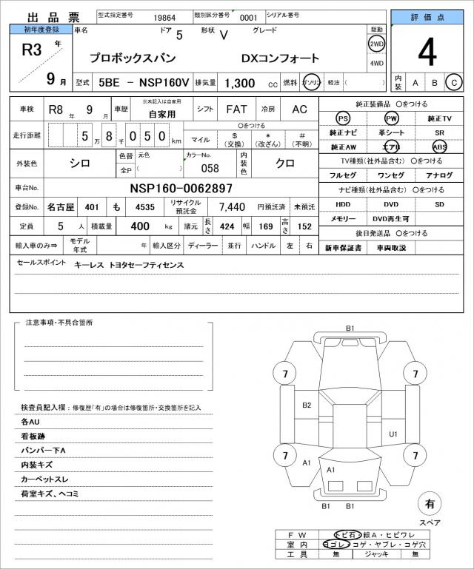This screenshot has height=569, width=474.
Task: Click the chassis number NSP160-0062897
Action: tap(181, 189)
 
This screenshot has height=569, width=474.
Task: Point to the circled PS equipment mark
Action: tap(342, 118)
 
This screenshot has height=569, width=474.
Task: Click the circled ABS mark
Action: tap(440, 147)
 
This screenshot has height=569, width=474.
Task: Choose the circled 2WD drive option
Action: tap(376, 44)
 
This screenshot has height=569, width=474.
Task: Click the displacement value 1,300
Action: tap(238, 84)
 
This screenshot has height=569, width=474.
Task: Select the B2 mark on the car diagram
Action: tap(307, 405)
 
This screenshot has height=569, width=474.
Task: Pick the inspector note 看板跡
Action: tap(36, 437)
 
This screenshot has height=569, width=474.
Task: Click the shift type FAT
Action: tap(237, 109)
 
